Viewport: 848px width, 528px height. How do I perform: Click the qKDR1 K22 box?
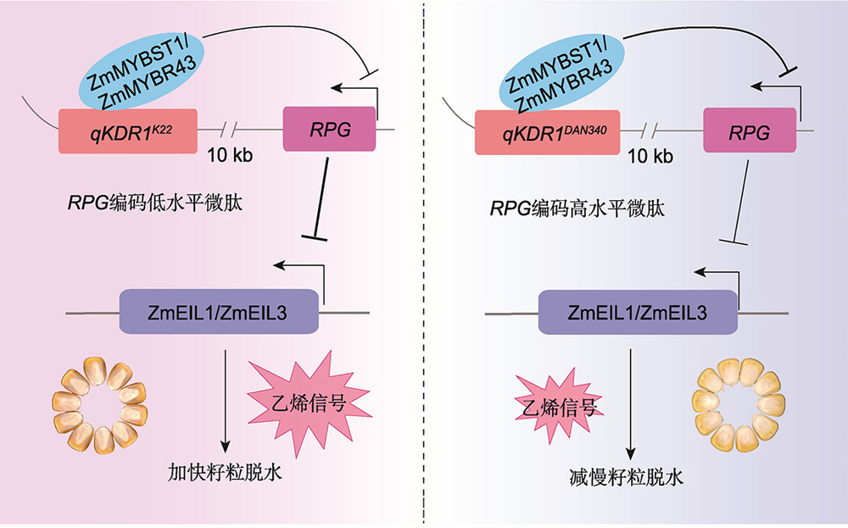click(x=128, y=131)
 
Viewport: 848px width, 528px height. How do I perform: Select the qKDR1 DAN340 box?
click(x=547, y=132)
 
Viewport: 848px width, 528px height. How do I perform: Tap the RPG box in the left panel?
click(x=329, y=129)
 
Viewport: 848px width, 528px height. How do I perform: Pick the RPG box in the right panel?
click(x=750, y=131)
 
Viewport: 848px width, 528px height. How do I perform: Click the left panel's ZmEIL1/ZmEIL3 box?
click(x=219, y=312)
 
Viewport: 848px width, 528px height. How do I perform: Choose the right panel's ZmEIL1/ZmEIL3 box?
click(x=639, y=313)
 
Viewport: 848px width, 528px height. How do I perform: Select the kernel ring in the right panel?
click(x=739, y=405)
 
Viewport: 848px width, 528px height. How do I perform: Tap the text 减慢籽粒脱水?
click(x=627, y=477)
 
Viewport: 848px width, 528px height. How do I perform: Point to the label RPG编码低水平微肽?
click(x=155, y=203)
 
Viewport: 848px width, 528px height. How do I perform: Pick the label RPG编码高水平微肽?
click(x=577, y=208)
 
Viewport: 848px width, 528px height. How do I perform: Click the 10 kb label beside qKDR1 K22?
click(x=230, y=156)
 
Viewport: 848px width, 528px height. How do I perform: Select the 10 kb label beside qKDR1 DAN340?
click(x=650, y=157)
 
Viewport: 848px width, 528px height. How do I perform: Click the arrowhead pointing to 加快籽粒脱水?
click(x=225, y=446)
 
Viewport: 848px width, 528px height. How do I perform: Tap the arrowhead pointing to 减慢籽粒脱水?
click(x=629, y=453)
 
